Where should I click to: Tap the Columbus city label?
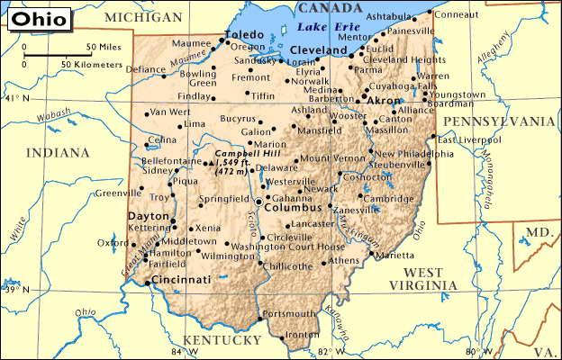(293, 208)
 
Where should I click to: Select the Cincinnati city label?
(181, 281)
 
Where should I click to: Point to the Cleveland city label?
(318, 50)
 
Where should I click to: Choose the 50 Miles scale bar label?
(104, 46)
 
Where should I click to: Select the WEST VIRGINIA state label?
(424, 278)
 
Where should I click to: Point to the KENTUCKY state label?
(222, 340)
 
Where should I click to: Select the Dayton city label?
(149, 217)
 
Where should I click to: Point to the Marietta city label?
(394, 256)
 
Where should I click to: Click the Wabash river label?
(54, 114)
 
